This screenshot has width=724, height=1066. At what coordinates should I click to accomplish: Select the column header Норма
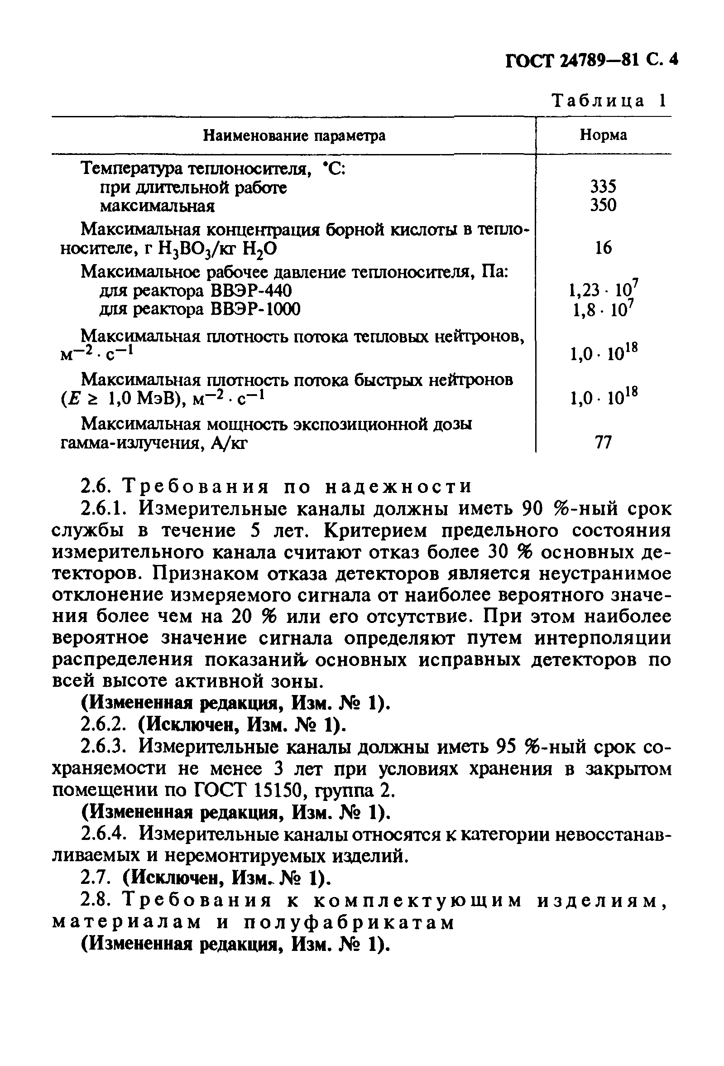pos(603,135)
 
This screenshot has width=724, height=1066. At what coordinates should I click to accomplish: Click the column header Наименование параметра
pos(294,136)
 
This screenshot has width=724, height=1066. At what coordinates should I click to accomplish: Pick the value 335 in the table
pos(603,186)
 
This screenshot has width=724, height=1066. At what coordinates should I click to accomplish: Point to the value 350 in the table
pos(603,205)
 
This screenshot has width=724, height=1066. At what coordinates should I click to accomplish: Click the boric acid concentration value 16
pos(603,248)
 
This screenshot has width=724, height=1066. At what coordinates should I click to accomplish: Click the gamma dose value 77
pos(603,442)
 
